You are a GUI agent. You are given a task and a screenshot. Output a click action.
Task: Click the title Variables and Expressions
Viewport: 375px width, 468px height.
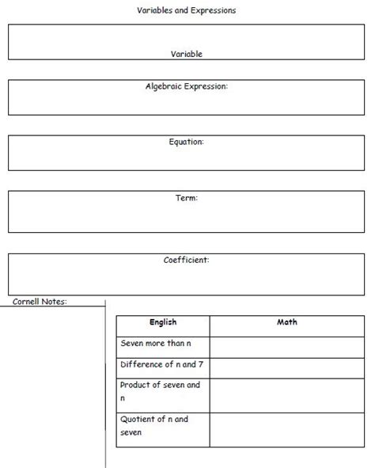(187, 11)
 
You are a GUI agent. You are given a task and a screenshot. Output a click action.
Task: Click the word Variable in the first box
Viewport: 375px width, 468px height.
(187, 54)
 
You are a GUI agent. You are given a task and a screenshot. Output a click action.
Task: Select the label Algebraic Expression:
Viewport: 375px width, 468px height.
(187, 86)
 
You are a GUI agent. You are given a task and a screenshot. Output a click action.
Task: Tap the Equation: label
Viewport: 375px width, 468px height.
(187, 142)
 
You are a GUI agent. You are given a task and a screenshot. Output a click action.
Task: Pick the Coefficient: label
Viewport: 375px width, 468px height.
(187, 259)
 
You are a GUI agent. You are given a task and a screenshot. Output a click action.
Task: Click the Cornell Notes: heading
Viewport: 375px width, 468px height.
(40, 301)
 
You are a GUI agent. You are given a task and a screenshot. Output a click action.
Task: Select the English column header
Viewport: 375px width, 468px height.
(163, 322)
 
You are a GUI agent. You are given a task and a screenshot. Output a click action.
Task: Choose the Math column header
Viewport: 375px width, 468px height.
(287, 322)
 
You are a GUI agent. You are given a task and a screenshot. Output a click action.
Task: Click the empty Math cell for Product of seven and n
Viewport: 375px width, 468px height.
(287, 394)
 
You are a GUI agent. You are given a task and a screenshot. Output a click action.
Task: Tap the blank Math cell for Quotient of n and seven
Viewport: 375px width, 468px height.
(287, 429)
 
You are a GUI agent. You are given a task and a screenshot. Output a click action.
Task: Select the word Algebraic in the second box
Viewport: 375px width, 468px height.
(164, 86)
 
